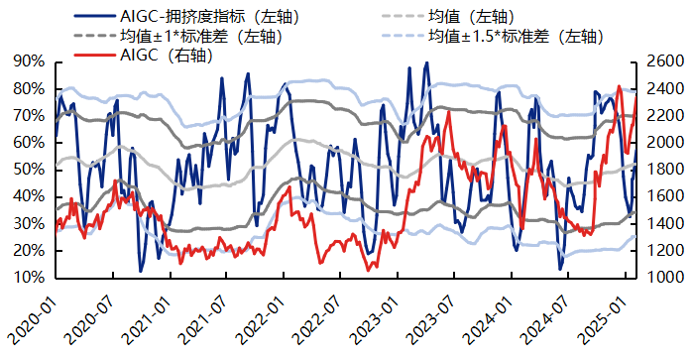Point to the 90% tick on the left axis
(x=30, y=61)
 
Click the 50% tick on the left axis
(x=30, y=170)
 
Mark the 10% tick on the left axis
(x=30, y=278)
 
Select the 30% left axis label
(x=30, y=224)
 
